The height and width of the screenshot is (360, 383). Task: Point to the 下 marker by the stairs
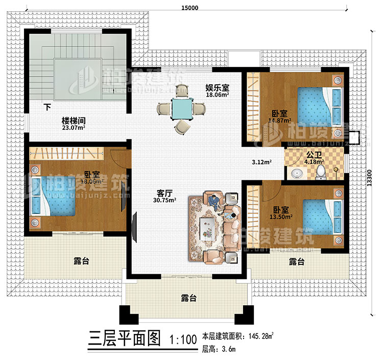tap(47, 107)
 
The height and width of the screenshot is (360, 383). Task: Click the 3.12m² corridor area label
tap(261, 162)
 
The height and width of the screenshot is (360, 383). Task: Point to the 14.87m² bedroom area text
tap(279, 121)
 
